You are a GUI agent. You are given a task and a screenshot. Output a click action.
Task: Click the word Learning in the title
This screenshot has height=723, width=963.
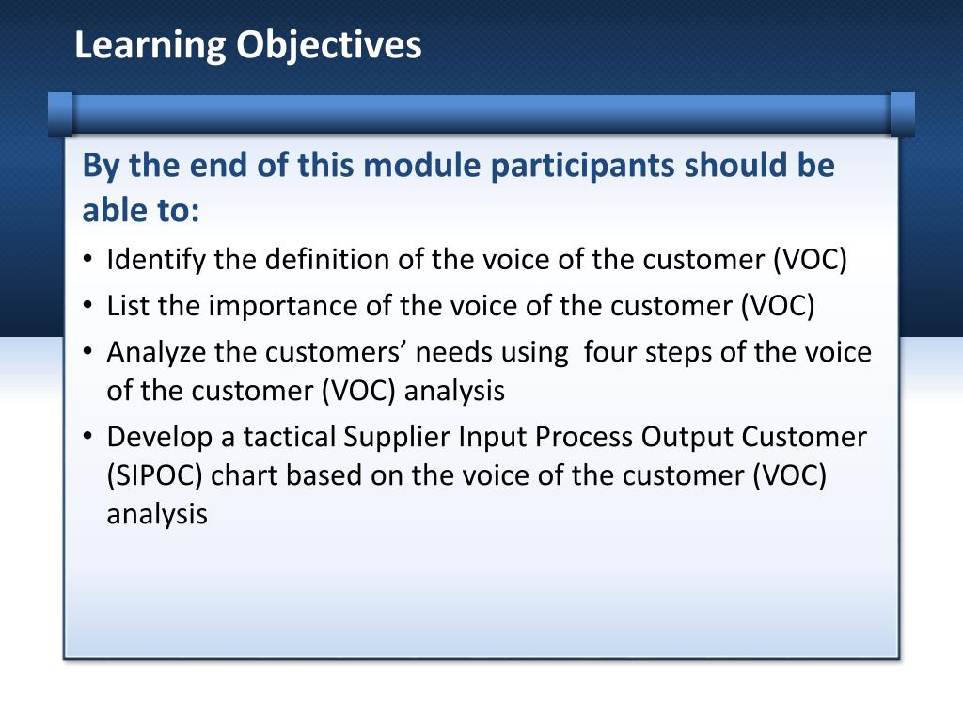pyautogui.click(x=150, y=45)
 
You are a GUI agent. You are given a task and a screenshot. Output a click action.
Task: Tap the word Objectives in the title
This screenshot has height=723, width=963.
pyautogui.click(x=328, y=45)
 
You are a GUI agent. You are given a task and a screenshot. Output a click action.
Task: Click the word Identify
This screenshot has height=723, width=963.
pyautogui.click(x=156, y=259)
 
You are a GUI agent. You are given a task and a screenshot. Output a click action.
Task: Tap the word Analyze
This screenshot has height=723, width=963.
pyautogui.click(x=154, y=353)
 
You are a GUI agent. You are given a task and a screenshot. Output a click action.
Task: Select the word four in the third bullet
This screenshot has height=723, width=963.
pyautogui.click(x=608, y=353)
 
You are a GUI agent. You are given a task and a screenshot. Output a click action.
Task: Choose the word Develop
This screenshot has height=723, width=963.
pyautogui.click(x=156, y=438)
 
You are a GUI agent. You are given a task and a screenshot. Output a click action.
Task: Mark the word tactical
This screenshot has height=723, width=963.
pyautogui.click(x=291, y=438)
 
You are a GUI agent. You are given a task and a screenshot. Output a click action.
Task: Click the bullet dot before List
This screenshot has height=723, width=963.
pyautogui.click(x=87, y=307)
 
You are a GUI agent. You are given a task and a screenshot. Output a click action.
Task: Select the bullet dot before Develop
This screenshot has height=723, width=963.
pyautogui.click(x=87, y=439)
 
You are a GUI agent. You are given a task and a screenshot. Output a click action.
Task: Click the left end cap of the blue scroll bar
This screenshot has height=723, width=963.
pyautogui.click(x=60, y=114)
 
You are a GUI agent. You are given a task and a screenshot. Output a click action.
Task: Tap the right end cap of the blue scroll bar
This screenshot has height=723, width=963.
pyautogui.click(x=902, y=114)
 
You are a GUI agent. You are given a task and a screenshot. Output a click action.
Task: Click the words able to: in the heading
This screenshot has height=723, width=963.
pyautogui.click(x=141, y=210)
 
